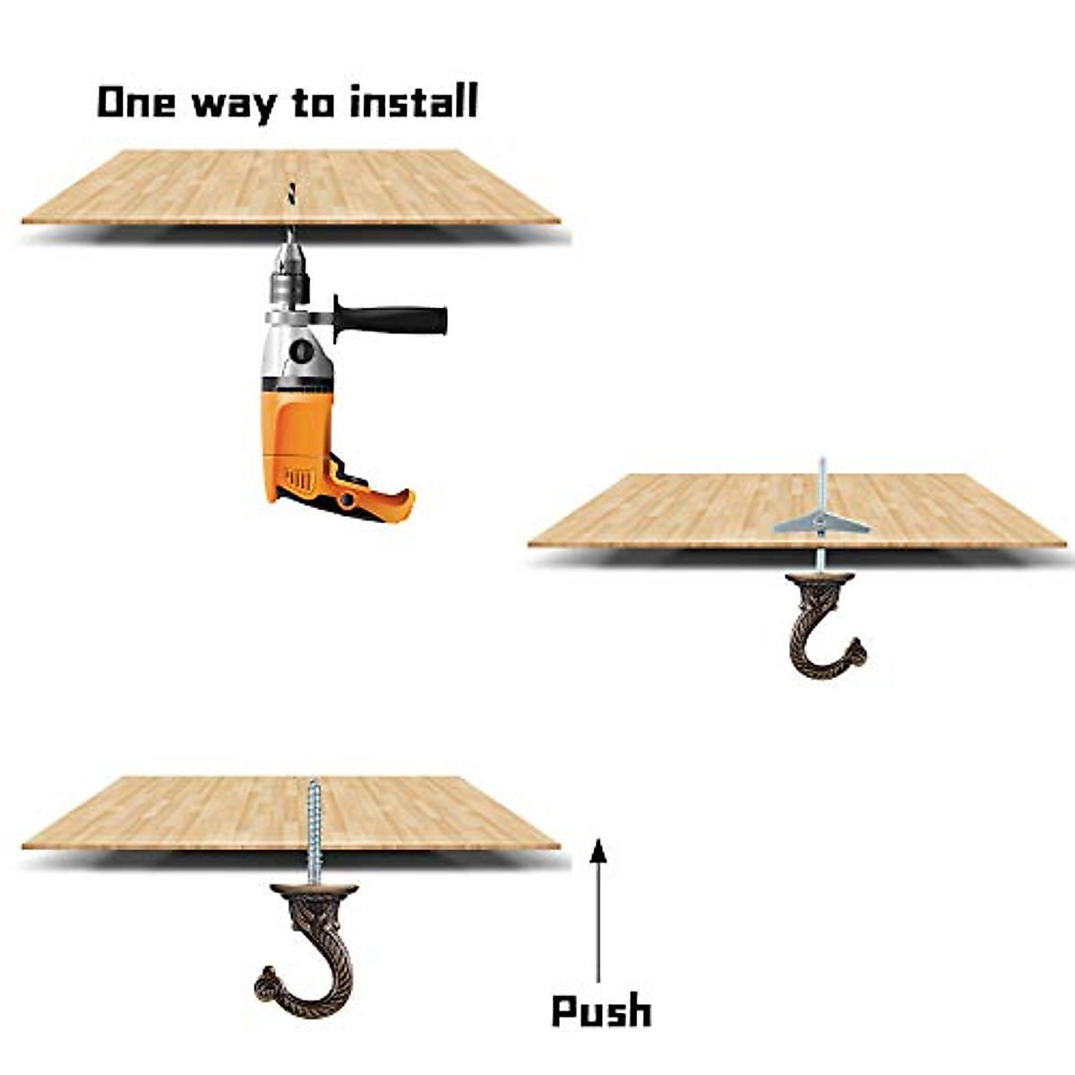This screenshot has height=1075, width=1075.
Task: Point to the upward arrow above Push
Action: click(x=598, y=917)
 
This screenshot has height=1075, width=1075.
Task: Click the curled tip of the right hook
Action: click(x=856, y=651)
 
